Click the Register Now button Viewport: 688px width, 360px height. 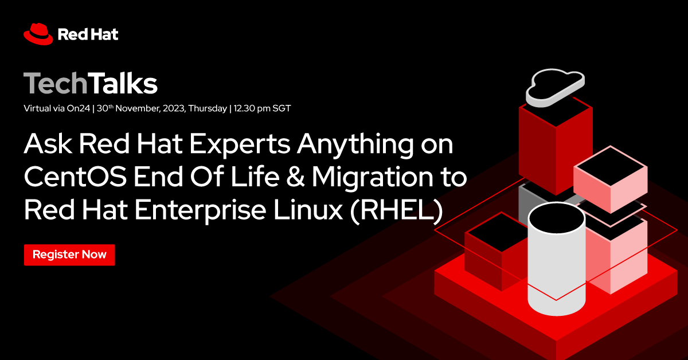click(x=69, y=255)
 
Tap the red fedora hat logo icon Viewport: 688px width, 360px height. click(x=38, y=33)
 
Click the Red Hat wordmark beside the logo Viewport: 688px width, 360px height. click(x=88, y=34)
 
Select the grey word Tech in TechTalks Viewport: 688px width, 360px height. click(x=56, y=84)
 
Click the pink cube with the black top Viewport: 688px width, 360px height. click(x=611, y=178)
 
